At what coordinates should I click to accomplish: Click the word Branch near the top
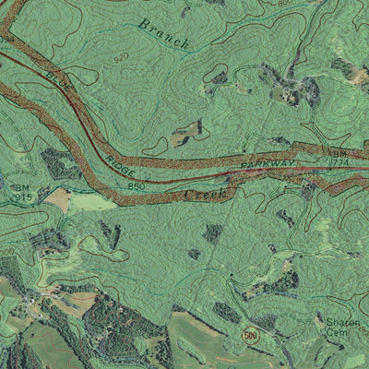tap(163, 32)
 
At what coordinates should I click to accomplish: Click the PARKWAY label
tap(270, 164)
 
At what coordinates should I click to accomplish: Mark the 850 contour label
tap(137, 186)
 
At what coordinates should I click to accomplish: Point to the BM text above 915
tap(22, 186)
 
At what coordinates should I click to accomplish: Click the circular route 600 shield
tap(250, 337)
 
